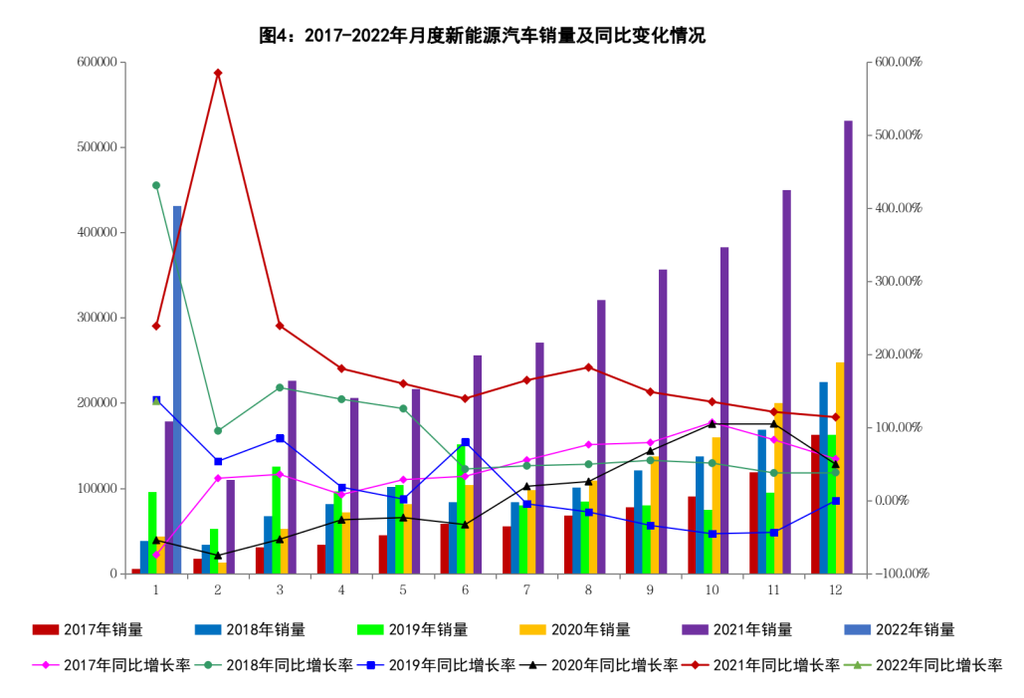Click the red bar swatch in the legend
click(45, 629)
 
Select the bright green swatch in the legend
click(370, 629)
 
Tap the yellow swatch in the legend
click(532, 629)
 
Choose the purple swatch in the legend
click(696, 629)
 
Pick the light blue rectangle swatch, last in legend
click(858, 629)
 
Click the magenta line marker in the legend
click(45, 665)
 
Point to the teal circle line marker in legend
click(208, 665)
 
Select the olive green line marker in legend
click(858, 665)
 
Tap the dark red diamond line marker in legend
click(695, 665)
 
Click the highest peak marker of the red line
click(218, 74)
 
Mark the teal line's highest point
click(156, 185)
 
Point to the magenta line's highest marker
click(712, 421)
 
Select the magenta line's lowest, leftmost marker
click(156, 555)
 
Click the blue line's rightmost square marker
click(836, 501)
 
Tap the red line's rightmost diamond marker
click(835, 417)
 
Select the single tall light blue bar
click(177, 388)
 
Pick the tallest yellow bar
click(840, 467)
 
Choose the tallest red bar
click(815, 504)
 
